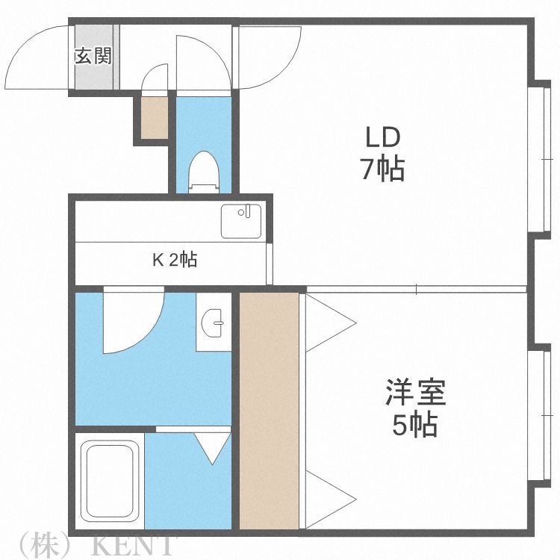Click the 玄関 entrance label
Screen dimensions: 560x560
tap(93, 57)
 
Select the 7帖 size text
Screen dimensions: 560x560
tap(382, 170)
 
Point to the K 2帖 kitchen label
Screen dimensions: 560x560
tap(175, 261)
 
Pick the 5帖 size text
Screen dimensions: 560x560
tap(415, 426)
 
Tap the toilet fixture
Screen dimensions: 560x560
tap(203, 172)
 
